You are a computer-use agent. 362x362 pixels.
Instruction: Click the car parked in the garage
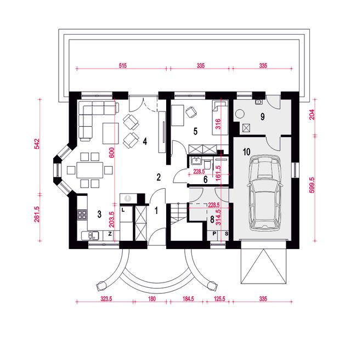coord(264,193)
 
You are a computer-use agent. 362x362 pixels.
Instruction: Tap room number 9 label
coord(263,117)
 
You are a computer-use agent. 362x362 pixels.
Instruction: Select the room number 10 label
coord(247,152)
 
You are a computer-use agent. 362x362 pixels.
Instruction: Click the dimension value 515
coord(123,66)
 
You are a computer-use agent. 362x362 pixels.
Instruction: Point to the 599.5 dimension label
coord(312,185)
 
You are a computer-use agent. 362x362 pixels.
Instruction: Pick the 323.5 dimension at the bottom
coord(106,299)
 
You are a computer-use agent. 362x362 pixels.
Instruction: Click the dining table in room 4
coord(90,170)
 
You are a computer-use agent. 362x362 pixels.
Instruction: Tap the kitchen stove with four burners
coord(82,214)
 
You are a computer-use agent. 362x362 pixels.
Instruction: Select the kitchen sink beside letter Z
coord(90,236)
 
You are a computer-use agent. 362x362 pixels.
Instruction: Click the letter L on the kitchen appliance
coord(123,210)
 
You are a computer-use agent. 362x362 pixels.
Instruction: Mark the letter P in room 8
coord(214,234)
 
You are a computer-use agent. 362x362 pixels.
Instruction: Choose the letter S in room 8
coord(227,234)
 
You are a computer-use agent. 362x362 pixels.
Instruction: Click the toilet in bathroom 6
coord(207,164)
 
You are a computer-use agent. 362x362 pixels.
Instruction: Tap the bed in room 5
coord(220,118)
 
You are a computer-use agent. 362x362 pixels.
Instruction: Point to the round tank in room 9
coord(240,114)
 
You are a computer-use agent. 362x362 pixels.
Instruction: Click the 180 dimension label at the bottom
coord(152,299)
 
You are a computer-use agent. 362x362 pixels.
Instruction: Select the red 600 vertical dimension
coord(111,152)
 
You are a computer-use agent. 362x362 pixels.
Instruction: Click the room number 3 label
coord(99,214)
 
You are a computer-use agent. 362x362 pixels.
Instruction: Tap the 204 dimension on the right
coord(312,115)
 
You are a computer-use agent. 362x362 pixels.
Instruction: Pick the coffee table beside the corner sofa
coord(111,133)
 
